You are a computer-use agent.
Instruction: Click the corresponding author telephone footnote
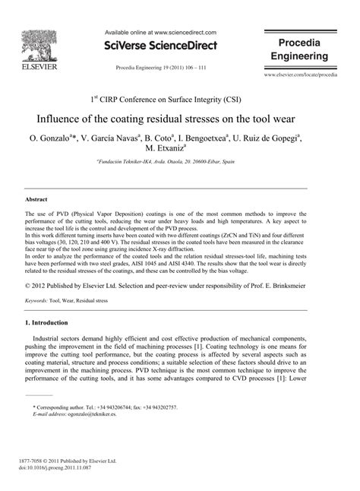tap(106, 408)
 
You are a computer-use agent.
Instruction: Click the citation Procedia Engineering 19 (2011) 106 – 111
tap(160, 67)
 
